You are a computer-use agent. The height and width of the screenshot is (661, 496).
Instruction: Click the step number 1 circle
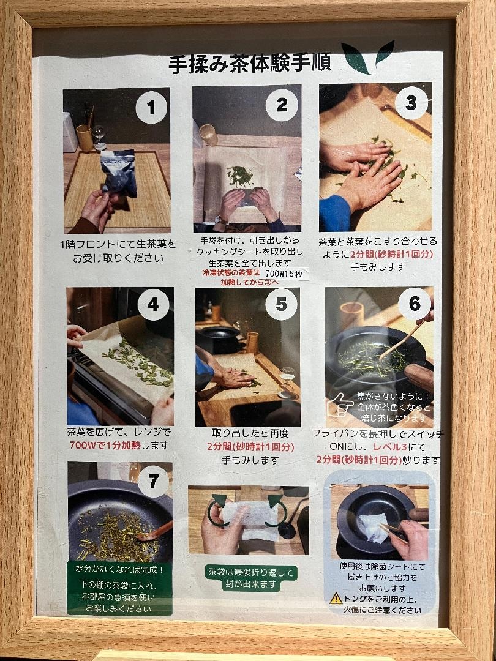tap(151, 107)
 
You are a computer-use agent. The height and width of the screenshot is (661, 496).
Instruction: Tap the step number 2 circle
tap(282, 105)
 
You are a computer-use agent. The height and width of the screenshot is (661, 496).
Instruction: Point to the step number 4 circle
tap(153, 304)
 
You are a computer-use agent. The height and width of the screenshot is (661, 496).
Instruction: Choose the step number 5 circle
tap(281, 304)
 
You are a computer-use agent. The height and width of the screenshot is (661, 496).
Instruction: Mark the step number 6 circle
tap(414, 304)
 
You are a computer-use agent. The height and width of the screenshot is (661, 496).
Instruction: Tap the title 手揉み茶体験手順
tap(250, 64)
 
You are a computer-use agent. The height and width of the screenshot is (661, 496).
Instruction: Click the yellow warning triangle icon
tap(336, 598)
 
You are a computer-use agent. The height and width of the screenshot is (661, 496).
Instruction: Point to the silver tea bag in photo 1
tap(119, 173)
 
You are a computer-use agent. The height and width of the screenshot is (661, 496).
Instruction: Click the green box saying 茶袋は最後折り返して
tap(252, 578)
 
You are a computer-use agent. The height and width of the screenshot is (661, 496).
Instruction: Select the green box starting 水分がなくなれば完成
tap(119, 589)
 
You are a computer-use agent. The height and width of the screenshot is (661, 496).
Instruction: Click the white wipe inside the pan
tap(374, 528)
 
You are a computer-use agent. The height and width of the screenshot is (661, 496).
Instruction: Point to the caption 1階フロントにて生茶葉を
tap(118, 244)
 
